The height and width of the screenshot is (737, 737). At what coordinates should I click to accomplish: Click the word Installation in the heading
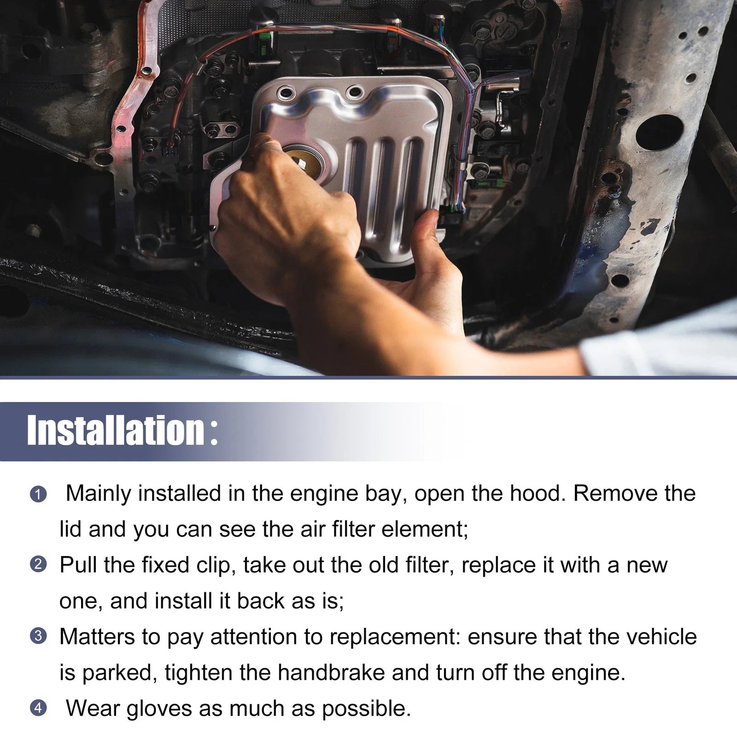(x=116, y=430)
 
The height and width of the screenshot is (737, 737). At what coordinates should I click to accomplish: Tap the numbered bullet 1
(x=38, y=495)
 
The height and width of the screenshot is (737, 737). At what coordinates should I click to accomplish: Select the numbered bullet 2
(x=38, y=564)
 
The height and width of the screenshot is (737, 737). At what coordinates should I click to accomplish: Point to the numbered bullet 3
(x=38, y=636)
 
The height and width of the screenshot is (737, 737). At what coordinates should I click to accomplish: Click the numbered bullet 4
(x=38, y=708)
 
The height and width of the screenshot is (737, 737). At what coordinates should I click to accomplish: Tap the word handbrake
(x=331, y=673)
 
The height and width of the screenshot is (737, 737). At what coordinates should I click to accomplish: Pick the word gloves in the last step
(x=159, y=709)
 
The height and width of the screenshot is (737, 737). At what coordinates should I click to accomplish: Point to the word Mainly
(x=98, y=494)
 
